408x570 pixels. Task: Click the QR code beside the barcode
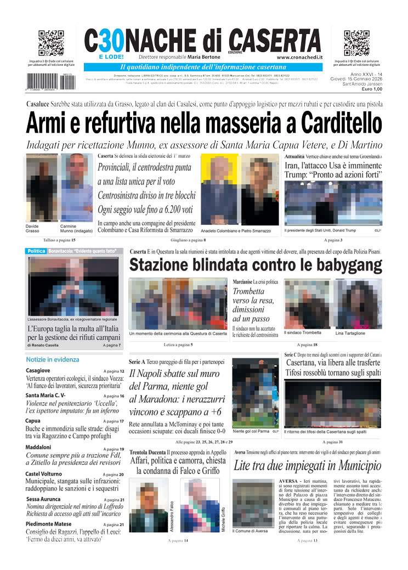click(x=51, y=43)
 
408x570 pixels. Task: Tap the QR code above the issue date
click(x=356, y=43)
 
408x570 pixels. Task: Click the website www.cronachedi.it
click(x=299, y=57)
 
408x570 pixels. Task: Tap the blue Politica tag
click(x=36, y=251)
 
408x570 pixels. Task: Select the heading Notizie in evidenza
click(x=53, y=359)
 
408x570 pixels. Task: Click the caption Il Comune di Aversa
click(x=250, y=531)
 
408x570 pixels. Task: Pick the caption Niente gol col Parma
click(x=251, y=431)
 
